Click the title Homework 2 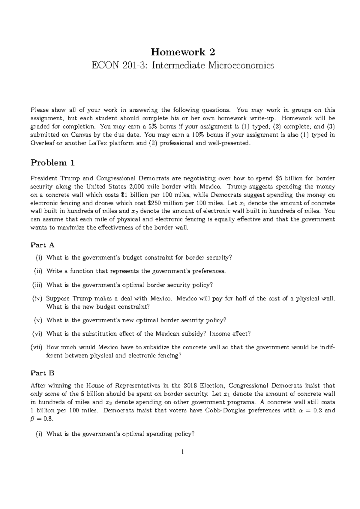pos(183,52)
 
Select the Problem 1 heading pos(53,163)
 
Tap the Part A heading pos(43,245)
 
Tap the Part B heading pos(43,373)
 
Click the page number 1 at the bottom pos(183,451)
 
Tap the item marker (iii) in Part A pos(37,285)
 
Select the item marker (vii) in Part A pos(37,347)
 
